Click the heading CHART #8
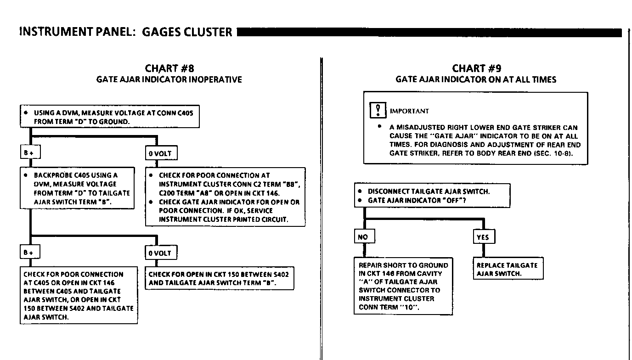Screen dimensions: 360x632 [169, 68]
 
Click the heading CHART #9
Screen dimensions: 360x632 [476, 68]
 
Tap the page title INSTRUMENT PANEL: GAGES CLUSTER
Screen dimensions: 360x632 [126, 32]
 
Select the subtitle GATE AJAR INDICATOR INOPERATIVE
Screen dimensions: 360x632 [169, 79]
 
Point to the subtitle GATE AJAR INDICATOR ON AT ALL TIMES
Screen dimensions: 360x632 [476, 79]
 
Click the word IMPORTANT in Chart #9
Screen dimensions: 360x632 [409, 111]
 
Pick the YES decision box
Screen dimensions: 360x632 [483, 236]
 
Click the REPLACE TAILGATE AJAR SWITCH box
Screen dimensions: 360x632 [508, 269]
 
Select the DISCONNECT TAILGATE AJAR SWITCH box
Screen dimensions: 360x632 [432, 196]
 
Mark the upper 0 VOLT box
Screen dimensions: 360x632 [160, 153]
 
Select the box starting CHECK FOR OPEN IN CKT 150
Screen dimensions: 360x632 [219, 278]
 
